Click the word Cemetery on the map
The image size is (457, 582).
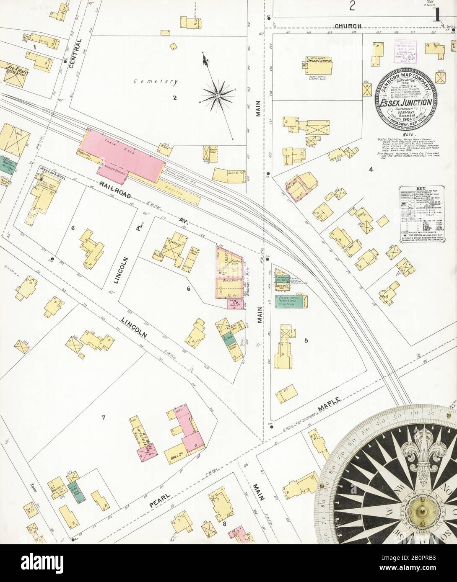click(x=157, y=82)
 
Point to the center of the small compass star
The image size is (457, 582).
click(x=218, y=96)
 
